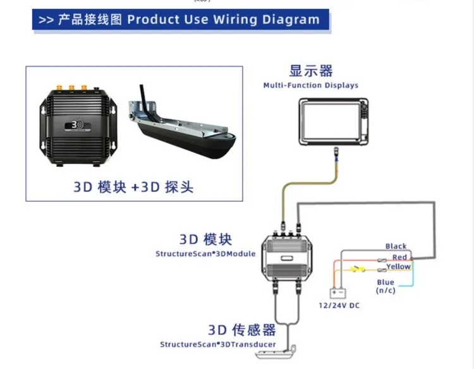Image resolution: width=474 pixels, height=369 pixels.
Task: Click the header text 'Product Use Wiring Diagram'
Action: click(223, 19)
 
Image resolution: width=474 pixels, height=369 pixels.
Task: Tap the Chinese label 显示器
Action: click(311, 71)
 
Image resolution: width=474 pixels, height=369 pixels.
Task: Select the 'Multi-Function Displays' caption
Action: click(311, 85)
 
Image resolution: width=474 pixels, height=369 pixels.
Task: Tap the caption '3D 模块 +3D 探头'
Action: click(133, 187)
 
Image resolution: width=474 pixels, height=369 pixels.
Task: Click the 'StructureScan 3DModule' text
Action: click(205, 254)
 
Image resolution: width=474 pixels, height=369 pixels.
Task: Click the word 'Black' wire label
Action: click(396, 246)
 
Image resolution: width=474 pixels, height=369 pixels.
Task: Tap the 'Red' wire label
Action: click(399, 257)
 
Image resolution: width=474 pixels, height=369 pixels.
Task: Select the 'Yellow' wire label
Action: click(398, 267)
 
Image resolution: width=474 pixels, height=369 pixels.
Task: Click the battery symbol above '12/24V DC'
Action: click(339, 293)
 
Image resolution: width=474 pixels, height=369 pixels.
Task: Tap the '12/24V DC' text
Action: click(338, 306)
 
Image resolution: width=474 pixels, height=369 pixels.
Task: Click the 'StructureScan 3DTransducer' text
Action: click(217, 344)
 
